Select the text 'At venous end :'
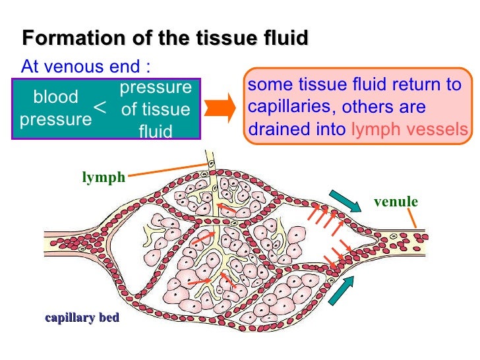(86, 67)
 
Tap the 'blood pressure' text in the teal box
(55, 108)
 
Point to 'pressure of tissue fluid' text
(156, 109)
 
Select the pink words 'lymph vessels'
(409, 129)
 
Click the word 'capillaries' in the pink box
(288, 106)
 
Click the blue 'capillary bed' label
(82, 318)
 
